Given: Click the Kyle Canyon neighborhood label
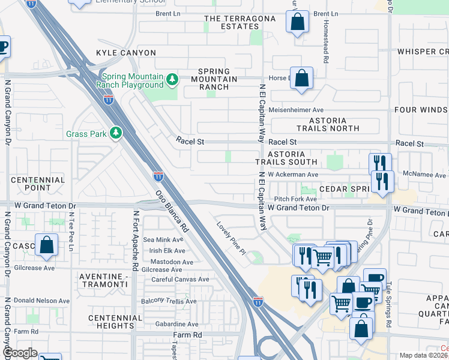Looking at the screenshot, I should click(126, 53).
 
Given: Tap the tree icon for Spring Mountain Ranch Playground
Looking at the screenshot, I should click(172, 79).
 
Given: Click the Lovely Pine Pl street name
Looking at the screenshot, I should click(232, 239).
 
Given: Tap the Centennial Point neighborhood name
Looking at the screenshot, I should click(38, 184).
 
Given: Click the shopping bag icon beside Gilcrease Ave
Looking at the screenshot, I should click(46, 245).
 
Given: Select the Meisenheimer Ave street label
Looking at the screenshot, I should click(296, 110).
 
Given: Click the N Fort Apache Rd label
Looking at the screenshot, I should click(135, 240).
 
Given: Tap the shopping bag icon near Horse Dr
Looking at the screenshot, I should click(301, 79).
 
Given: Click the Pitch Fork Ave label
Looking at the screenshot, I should click(295, 199).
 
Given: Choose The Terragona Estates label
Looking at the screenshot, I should click(240, 22).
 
